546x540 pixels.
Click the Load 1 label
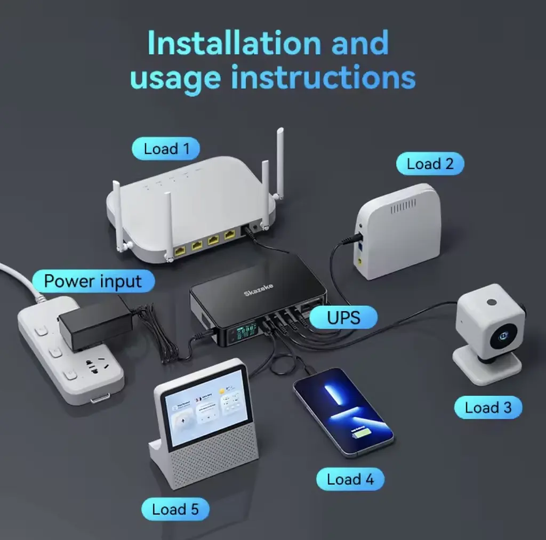[x=166, y=149]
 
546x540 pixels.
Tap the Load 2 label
[x=430, y=164]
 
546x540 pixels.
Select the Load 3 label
[x=488, y=408]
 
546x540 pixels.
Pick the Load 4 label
[x=350, y=479]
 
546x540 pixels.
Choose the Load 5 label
[x=175, y=509]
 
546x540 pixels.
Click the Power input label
[x=93, y=281]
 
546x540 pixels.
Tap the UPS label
[x=343, y=318]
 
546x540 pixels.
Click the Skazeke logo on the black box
[x=259, y=291]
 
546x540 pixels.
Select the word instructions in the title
[x=323, y=77]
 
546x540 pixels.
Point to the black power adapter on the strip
[x=95, y=325]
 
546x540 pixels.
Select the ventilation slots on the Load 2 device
[x=404, y=207]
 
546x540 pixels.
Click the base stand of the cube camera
[x=486, y=368]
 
